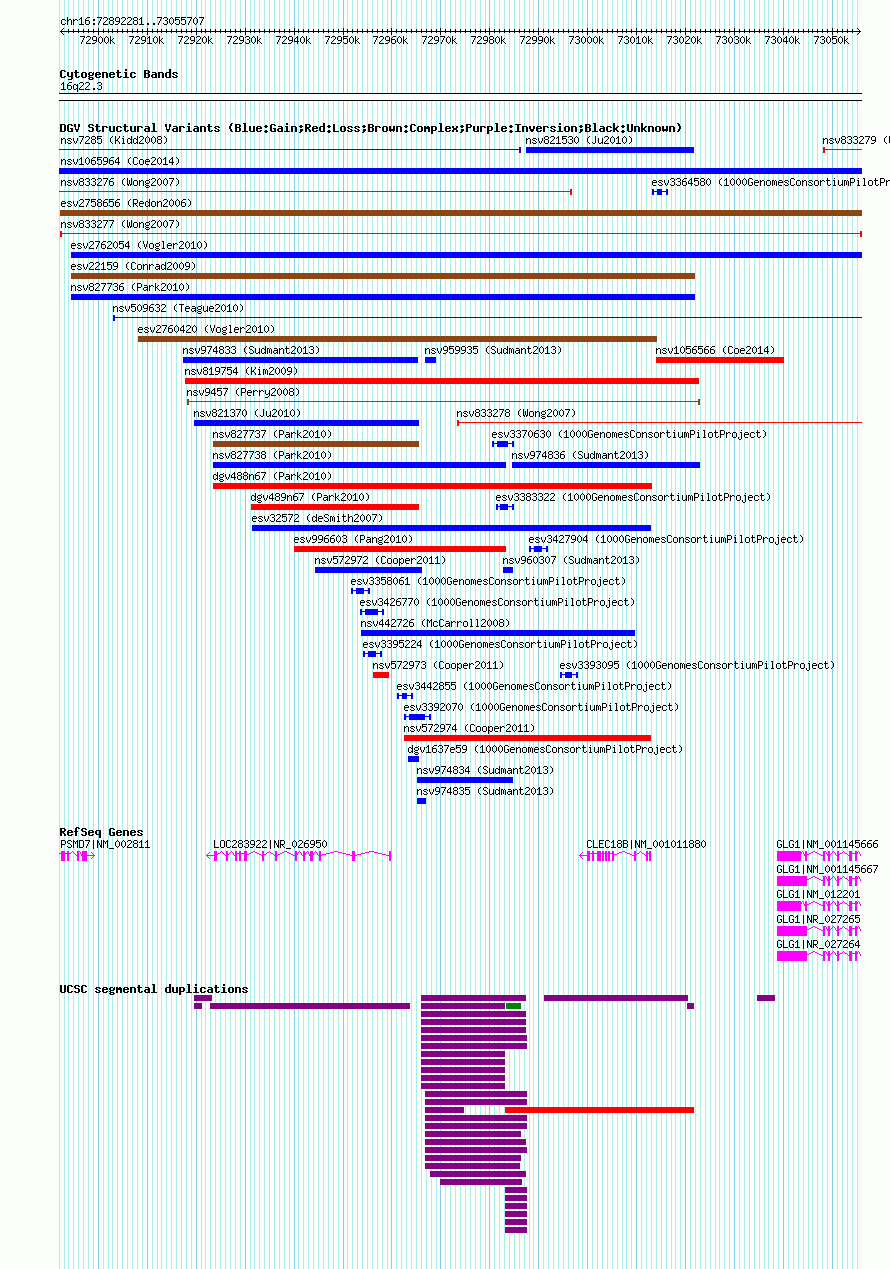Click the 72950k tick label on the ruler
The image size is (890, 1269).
pos(342,41)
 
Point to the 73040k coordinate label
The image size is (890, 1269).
pos(782,41)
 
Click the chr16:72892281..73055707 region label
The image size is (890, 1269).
pos(132,21)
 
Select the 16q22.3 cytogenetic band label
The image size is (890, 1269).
pos(81,87)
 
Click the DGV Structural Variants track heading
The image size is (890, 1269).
pos(370,128)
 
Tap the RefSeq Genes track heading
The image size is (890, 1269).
pos(101,832)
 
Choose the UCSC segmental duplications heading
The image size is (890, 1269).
pos(153,989)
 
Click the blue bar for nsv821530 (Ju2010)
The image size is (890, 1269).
pos(609,150)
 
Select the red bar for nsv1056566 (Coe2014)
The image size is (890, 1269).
pos(719,360)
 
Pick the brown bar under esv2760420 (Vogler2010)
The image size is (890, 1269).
pos(397,339)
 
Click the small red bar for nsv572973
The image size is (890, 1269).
pos(380,675)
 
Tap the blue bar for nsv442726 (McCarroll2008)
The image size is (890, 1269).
pos(497,633)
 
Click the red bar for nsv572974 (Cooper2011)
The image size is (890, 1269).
pos(527,738)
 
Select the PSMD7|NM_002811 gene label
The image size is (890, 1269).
pos(105,844)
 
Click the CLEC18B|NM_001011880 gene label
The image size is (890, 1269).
pos(646,844)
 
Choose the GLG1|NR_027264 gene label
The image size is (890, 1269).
pos(819,944)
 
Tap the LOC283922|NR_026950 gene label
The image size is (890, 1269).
pos(270,844)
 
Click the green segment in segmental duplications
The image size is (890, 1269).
pos(513,1006)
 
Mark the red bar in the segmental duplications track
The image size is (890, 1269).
pos(599,1109)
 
